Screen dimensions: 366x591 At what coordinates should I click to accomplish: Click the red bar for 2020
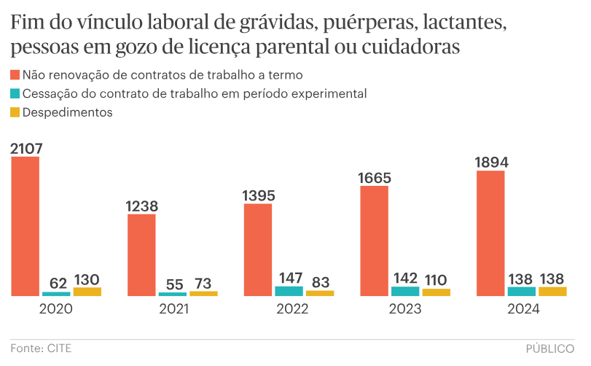click(26, 226)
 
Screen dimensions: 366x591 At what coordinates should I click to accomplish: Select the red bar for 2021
click(141, 254)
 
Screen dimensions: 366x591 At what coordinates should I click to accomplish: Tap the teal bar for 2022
click(289, 291)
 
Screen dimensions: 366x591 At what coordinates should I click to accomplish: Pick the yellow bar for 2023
click(437, 292)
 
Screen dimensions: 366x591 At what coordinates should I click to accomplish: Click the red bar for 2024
click(490, 233)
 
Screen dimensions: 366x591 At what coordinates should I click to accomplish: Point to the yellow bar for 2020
click(87, 291)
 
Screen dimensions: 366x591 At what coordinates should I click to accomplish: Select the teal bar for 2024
click(521, 291)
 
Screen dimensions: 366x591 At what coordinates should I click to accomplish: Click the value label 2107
click(26, 148)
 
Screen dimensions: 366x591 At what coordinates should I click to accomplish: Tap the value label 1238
click(141, 206)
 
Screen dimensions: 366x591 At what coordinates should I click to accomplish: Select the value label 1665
click(375, 177)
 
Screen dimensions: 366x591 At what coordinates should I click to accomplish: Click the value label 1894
click(490, 162)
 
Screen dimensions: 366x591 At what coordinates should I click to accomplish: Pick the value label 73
click(203, 282)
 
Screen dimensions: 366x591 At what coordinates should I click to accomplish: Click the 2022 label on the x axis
click(289, 308)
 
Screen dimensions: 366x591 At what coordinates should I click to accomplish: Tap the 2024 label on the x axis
click(521, 308)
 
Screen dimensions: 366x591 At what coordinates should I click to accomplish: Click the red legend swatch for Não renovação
click(15, 75)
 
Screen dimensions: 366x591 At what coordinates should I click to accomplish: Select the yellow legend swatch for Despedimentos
click(15, 113)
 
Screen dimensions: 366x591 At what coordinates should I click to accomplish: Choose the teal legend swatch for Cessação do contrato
click(15, 94)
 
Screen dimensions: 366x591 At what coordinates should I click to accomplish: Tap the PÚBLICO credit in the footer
click(550, 349)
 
